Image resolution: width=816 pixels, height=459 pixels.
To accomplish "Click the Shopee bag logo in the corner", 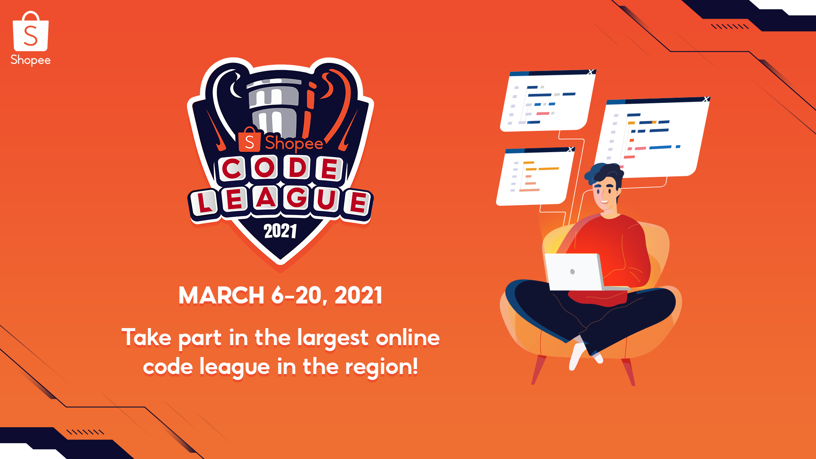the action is (31, 31).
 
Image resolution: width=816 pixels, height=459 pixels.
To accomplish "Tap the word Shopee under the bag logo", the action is (31, 60).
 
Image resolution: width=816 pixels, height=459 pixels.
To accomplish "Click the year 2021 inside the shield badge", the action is (280, 231).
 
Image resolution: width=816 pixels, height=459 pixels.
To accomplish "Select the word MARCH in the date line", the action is (221, 295).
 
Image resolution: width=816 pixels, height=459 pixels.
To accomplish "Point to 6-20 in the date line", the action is (296, 295).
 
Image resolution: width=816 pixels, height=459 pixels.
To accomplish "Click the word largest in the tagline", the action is (333, 339).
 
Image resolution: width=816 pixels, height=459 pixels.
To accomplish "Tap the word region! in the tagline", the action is (381, 367).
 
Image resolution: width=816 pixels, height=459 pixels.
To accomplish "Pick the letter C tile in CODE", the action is (233, 169).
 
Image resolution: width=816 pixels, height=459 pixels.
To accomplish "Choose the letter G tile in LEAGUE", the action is (297, 197).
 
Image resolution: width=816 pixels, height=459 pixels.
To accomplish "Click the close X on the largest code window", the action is (706, 99).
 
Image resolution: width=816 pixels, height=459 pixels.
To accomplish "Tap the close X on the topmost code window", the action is (590, 72).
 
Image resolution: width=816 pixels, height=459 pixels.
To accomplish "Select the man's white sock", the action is (578, 355).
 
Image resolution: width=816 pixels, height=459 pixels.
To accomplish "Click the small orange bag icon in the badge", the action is (249, 140).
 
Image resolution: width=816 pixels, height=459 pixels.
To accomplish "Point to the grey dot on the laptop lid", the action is (572, 272).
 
